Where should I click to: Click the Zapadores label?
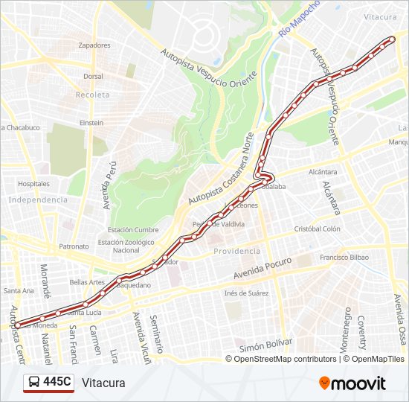click(x=94, y=45)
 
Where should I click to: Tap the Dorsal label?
click(x=93, y=76)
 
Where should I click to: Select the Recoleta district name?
click(x=92, y=95)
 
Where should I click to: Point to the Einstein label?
click(x=91, y=122)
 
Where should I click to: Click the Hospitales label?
click(x=33, y=183)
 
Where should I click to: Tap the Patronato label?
click(x=74, y=246)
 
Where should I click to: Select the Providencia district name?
click(x=236, y=251)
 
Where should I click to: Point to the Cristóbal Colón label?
click(x=317, y=229)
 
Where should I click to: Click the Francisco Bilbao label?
click(x=345, y=258)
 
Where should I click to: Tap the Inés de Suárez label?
click(x=246, y=293)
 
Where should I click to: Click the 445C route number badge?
click(x=57, y=383)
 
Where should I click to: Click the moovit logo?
click(x=352, y=383)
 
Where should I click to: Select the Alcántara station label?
click(x=318, y=170)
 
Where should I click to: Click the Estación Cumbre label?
click(x=133, y=230)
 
